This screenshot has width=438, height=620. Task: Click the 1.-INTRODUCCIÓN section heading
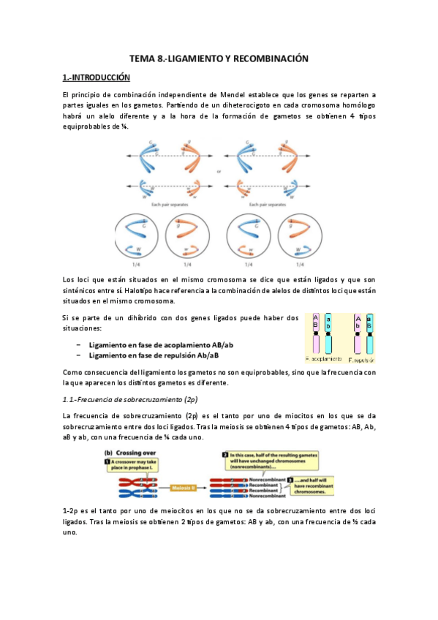(96, 77)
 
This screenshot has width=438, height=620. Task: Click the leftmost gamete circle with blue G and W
(137, 237)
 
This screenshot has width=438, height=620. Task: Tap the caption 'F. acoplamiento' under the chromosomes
(324, 360)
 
